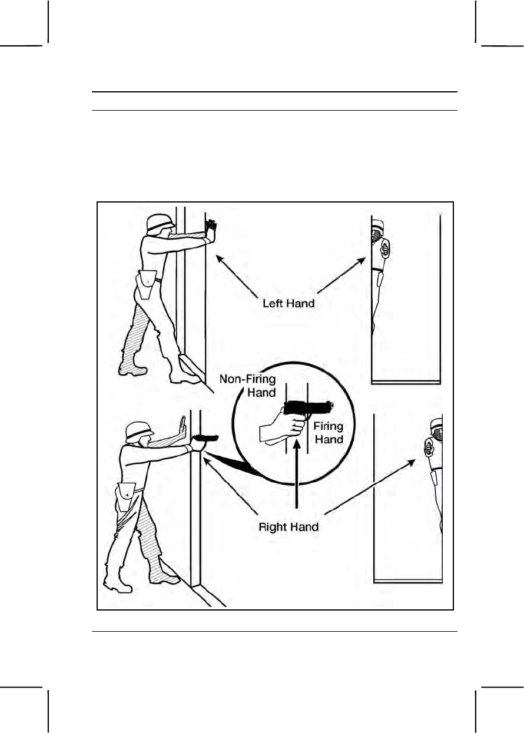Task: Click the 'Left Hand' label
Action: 288,304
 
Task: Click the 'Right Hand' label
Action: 288,526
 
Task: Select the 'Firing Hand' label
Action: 329,432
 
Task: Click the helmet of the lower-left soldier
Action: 139,432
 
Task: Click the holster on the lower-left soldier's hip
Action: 125,495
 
